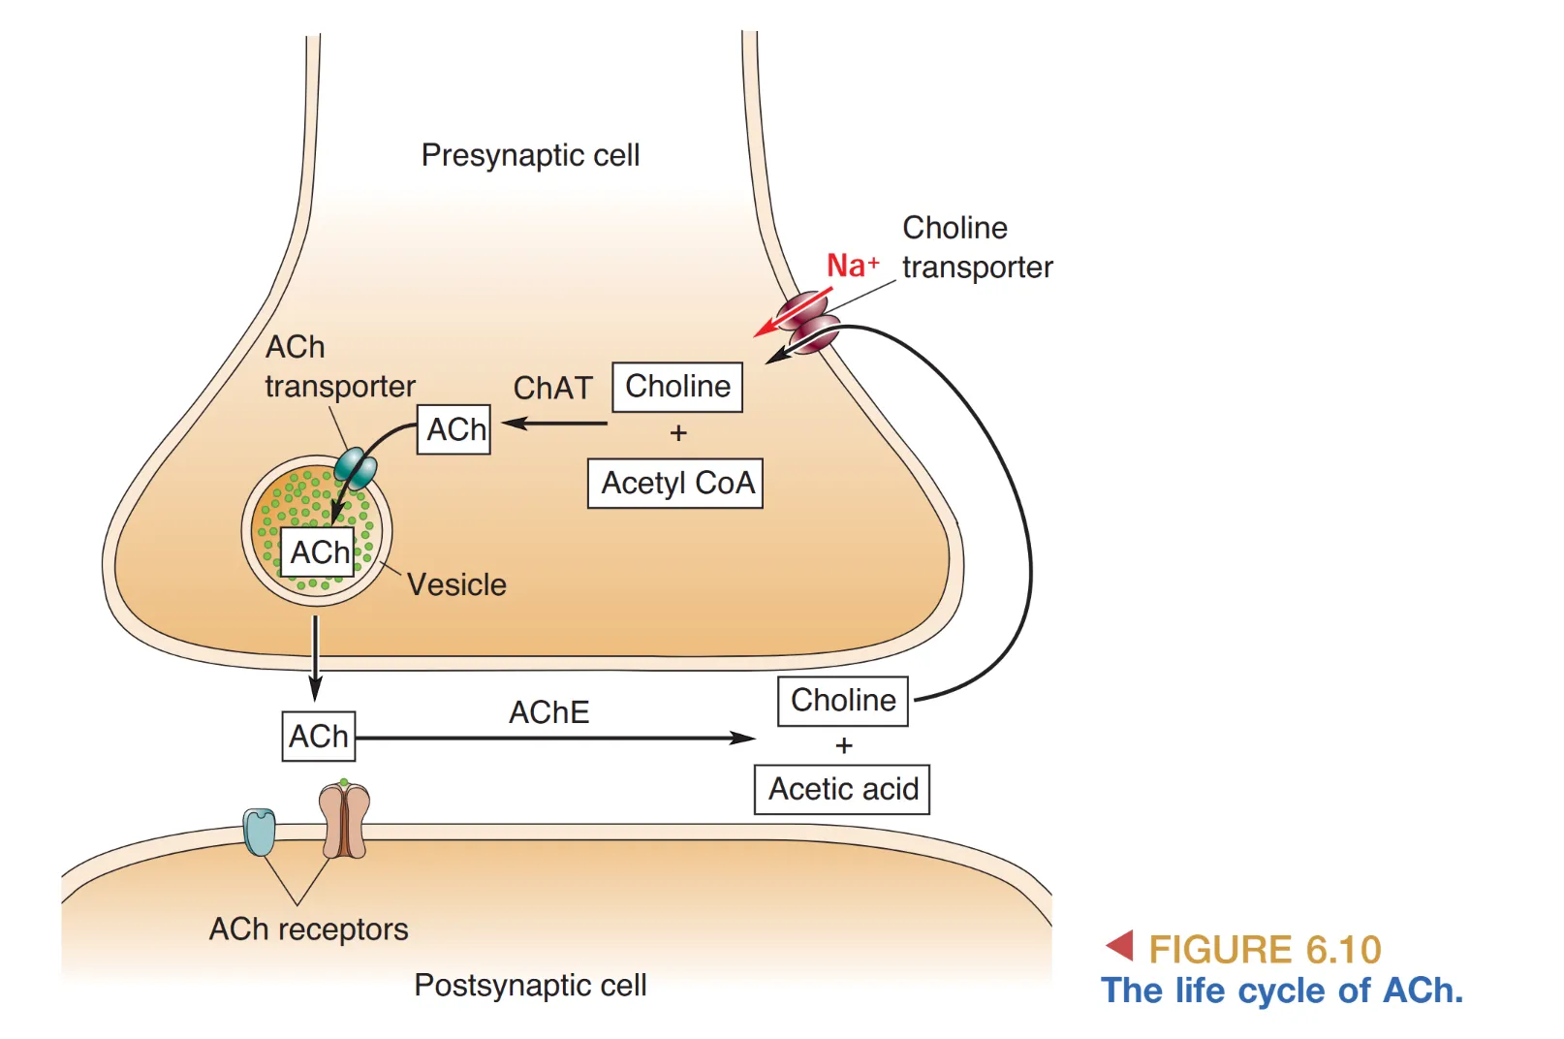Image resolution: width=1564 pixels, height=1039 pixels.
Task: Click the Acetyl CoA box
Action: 675,483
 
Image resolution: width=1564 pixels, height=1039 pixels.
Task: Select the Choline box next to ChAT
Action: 677,387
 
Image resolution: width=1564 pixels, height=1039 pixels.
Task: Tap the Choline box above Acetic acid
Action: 843,701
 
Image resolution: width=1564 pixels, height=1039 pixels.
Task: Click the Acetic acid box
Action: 842,789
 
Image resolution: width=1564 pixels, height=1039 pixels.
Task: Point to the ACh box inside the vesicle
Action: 319,552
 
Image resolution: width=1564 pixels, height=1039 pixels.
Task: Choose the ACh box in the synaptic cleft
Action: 319,737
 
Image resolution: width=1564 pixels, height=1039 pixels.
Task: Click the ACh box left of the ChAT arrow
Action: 454,429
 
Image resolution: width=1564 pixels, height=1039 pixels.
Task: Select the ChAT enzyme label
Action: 552,388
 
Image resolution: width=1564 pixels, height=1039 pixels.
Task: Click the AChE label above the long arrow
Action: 548,712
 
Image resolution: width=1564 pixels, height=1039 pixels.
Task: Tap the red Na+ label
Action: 852,265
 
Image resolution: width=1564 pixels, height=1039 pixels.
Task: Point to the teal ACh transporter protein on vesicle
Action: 356,468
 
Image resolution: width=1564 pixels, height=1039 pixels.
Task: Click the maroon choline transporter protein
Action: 807,322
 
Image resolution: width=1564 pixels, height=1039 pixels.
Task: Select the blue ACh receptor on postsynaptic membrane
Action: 260,832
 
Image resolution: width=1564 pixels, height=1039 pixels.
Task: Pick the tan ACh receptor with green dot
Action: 344,821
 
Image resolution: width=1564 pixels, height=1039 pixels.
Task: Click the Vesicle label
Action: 456,584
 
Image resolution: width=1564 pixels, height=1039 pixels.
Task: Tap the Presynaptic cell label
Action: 530,155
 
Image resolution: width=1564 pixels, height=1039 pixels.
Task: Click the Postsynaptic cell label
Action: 530,985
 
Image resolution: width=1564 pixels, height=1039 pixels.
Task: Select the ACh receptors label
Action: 308,929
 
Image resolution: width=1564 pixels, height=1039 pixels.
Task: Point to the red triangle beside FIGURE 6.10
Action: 1120,945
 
